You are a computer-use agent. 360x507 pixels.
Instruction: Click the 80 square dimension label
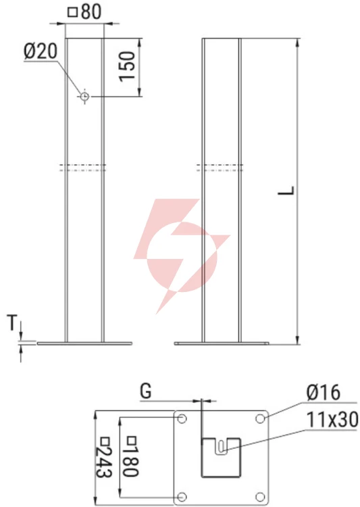pos(84,11)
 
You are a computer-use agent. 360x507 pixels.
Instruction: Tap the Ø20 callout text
pos(41,52)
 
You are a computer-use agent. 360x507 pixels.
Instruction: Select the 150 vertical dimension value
pos(127,66)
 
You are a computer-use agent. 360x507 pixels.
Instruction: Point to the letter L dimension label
pos(286,190)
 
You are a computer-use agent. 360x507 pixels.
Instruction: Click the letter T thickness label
pos(12,322)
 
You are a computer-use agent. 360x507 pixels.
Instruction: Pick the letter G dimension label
pos(146,391)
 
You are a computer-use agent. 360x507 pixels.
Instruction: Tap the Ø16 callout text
pos(324,393)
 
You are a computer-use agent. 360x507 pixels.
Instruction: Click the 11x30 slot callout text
pos(332,420)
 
